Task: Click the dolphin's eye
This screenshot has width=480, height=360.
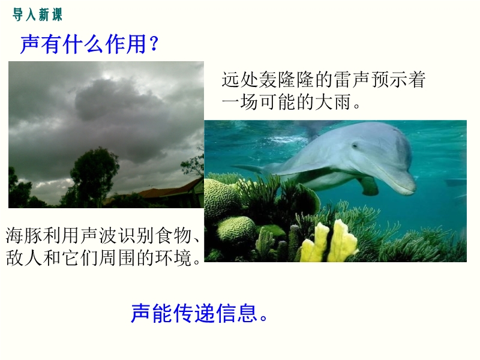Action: coord(355,146)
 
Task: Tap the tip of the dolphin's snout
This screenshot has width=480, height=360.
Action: coord(413,187)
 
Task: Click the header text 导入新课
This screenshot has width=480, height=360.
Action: coord(37,14)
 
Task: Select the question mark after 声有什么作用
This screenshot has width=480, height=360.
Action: coord(154,44)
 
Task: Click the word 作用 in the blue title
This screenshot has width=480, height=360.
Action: coord(126,44)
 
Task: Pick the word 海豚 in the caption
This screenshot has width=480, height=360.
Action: coord(24,235)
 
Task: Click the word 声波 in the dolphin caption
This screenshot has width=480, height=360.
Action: coord(99,235)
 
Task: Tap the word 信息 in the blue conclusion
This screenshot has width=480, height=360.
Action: coord(236,313)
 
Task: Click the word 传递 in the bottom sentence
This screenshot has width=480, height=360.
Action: coord(194,313)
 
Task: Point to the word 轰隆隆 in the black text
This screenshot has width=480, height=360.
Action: coord(287,80)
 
